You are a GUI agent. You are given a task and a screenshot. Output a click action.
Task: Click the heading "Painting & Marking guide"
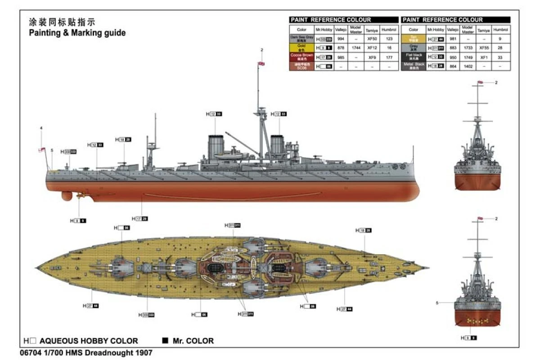[77, 33]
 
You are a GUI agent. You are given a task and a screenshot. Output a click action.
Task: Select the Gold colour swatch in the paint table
[301, 47]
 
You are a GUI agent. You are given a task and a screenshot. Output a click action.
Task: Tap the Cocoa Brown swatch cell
[301, 57]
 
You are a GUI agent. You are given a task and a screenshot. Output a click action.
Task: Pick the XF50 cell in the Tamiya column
[372, 39]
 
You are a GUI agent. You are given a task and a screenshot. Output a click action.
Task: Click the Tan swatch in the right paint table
[413, 39]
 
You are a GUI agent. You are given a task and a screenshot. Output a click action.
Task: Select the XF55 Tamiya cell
[484, 48]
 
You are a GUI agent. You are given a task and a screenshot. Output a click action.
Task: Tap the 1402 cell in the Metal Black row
[468, 66]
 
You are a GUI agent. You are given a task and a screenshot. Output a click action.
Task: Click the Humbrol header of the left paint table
[389, 30]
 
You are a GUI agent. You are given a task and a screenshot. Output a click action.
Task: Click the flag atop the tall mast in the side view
[261, 64]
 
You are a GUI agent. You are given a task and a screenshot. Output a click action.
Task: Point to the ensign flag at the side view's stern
[42, 150]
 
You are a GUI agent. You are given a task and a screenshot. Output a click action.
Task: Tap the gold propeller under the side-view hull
[81, 195]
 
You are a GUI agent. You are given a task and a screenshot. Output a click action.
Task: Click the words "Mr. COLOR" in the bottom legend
[193, 341]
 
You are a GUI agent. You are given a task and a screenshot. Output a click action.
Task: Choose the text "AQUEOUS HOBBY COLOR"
[89, 341]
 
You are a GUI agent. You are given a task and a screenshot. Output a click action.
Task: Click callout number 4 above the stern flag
[41, 128]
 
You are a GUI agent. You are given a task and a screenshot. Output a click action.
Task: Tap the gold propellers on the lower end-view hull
[477, 321]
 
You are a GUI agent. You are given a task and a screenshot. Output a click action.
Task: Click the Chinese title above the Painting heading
[62, 22]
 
